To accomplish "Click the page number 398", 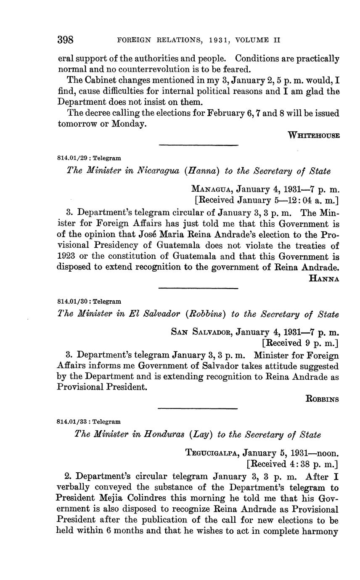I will (66, 40).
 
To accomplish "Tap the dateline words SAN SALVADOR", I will (201, 332).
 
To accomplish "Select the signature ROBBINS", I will (322, 399).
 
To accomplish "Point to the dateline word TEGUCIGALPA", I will (212, 453).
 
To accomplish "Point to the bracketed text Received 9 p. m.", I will (300, 343).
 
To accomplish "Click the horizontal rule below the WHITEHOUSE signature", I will (199, 146).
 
